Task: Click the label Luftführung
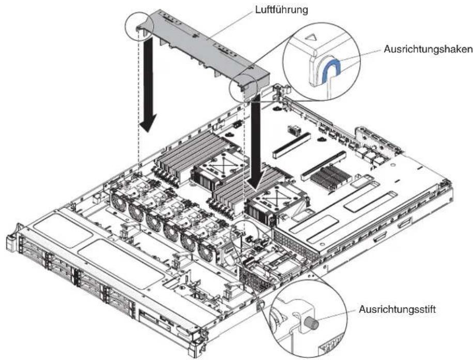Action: pyautogui.click(x=282, y=10)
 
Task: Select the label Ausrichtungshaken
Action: pyautogui.click(x=428, y=49)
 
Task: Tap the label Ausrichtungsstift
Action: pyautogui.click(x=398, y=309)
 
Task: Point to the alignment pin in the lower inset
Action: pyautogui.click(x=312, y=323)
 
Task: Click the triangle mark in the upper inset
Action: pyautogui.click(x=311, y=37)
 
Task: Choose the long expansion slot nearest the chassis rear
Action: pyautogui.click(x=292, y=144)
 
